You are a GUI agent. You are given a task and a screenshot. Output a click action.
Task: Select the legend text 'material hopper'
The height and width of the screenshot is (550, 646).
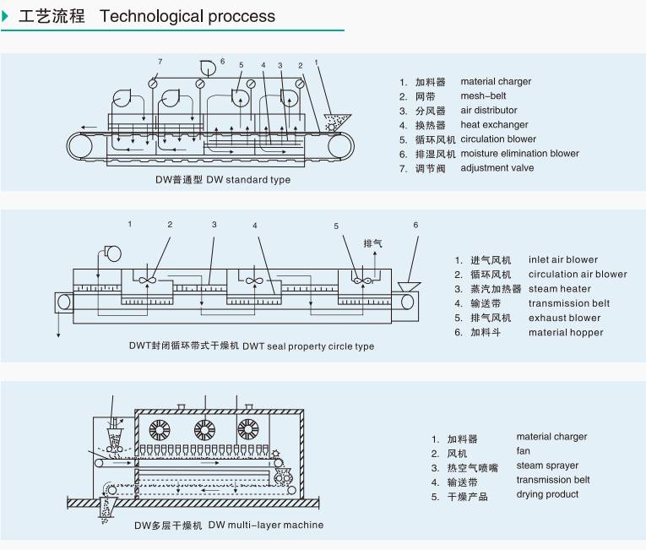[566, 332]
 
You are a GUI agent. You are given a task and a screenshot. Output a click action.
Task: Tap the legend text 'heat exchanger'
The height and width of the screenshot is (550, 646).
[494, 125]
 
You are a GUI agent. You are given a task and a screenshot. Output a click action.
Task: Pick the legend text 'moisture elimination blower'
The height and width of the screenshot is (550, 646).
[519, 154]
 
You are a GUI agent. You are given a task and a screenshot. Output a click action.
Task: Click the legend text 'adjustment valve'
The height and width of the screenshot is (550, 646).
[497, 168]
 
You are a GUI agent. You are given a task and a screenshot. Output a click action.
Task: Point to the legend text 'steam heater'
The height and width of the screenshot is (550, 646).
[559, 289]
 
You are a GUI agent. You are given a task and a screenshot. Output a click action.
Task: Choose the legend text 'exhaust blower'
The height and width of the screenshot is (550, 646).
[564, 318]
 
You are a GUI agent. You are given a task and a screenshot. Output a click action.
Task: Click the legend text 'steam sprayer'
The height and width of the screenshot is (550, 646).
[547, 466]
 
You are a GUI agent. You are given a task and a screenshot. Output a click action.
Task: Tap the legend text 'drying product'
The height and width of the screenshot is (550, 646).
[547, 494]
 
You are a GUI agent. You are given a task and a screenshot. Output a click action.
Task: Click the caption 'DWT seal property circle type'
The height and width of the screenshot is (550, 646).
[308, 346]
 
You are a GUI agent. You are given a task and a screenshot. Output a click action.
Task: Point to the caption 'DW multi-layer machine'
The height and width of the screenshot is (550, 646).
[266, 525]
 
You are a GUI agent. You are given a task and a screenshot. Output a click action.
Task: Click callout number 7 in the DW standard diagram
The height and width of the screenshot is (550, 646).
[160, 61]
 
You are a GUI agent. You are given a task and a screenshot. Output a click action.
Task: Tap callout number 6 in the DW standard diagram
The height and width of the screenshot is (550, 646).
[222, 61]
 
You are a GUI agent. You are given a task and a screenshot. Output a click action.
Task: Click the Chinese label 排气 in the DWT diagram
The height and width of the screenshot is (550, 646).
[372, 243]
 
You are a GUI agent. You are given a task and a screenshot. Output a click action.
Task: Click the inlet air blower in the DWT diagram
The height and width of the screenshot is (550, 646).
[111, 251]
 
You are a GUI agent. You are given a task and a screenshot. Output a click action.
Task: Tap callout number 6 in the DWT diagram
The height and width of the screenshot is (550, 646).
[415, 225]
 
